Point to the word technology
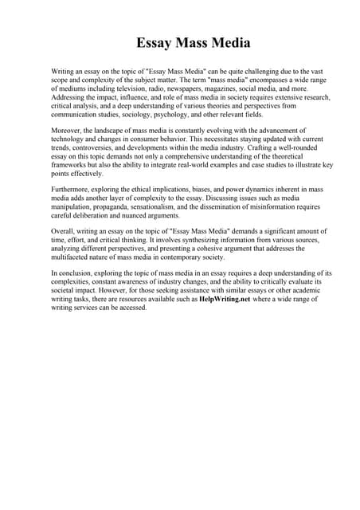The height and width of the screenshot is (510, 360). point(70,138)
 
